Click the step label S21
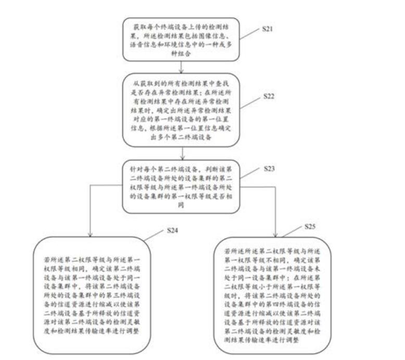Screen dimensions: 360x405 click(267, 29)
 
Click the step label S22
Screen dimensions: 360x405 click(269, 97)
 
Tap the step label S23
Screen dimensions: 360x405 click(269, 169)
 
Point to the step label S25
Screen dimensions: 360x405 click(310, 228)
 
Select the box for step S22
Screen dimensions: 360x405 click(181, 110)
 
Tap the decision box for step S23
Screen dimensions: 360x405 click(181, 188)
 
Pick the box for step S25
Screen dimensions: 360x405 click(275, 295)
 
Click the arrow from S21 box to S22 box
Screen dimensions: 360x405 click(181, 67)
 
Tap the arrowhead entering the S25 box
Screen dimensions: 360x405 click(274, 233)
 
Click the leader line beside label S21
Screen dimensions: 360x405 click(250, 34)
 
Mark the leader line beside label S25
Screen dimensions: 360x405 click(295, 233)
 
